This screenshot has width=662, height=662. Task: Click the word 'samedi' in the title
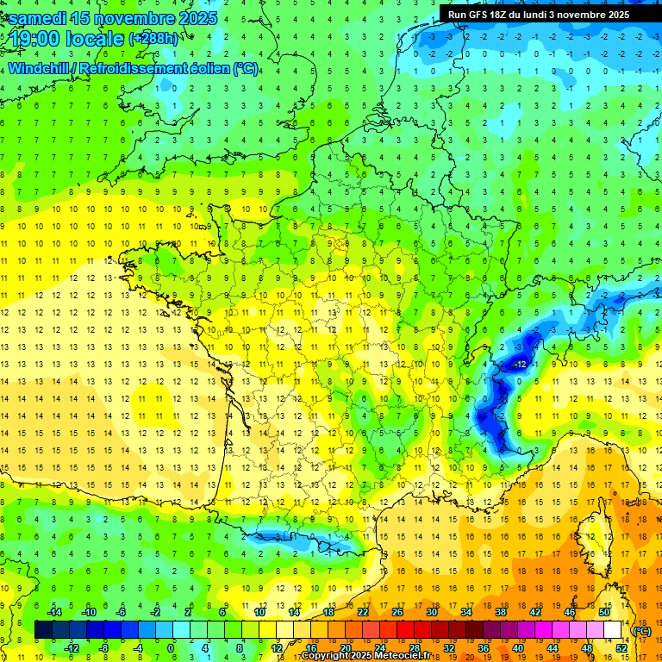pos(39,18)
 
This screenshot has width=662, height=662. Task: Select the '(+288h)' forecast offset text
pos(153,39)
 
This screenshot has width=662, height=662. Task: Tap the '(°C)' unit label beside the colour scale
pos(641,631)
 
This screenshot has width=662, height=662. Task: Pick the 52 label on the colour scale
pos(621,647)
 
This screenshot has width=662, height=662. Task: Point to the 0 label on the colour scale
pos(171,647)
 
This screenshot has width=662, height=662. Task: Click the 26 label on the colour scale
pos(397,612)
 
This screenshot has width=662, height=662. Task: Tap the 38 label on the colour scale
pos(501,612)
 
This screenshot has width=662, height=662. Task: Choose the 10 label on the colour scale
pos(259,612)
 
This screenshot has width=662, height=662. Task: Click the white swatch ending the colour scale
pos(613,629)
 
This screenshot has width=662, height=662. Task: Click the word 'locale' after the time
pos(96,40)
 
